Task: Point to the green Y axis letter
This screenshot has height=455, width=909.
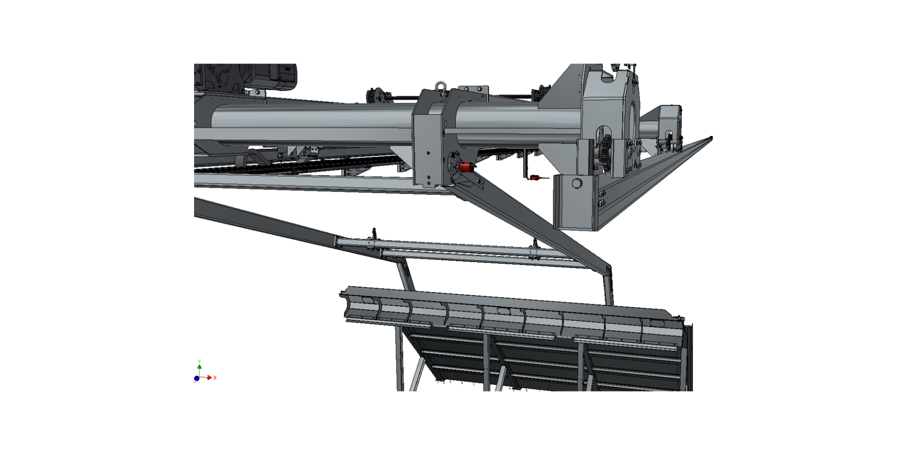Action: (x=199, y=361)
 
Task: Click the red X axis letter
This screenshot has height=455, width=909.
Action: (x=215, y=378)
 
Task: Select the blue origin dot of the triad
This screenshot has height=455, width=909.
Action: (x=196, y=378)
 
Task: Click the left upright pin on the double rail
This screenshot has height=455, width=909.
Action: (x=374, y=233)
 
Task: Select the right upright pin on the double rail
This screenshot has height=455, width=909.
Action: (x=535, y=243)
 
